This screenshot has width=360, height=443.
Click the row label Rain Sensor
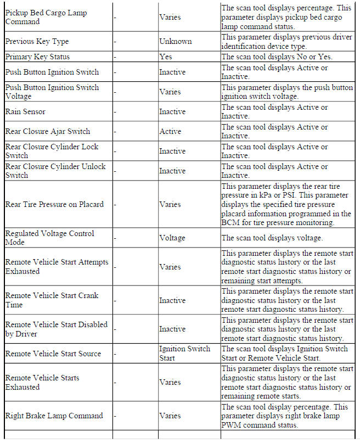pyautogui.click(x=25, y=112)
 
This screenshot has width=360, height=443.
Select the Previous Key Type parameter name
pyautogui.click(x=37, y=42)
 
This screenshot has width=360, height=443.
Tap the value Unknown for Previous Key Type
pyautogui.click(x=175, y=42)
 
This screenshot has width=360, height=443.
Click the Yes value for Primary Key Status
pyautogui.click(x=165, y=57)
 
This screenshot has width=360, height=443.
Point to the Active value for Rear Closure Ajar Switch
pyautogui.click(x=170, y=132)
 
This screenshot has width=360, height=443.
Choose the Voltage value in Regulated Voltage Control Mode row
pyautogui.click(x=172, y=238)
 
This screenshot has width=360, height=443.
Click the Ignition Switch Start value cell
pyautogui.click(x=184, y=354)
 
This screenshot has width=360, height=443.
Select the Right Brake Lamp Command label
pyautogui.click(x=54, y=416)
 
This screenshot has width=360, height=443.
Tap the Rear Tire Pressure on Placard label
pyautogui.click(x=54, y=204)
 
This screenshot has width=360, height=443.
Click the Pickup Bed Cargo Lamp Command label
pyautogui.click(x=46, y=17)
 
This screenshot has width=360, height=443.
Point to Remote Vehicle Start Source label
pyautogui.click(x=53, y=354)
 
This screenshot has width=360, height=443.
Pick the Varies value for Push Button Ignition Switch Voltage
pyautogui.click(x=170, y=92)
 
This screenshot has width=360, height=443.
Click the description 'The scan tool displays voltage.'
pyautogui.click(x=272, y=238)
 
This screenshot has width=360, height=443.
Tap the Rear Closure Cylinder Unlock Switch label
pyautogui.click(x=55, y=171)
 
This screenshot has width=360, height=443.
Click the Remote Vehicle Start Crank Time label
pyautogui.click(x=52, y=300)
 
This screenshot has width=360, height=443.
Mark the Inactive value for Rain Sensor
pyautogui.click(x=172, y=112)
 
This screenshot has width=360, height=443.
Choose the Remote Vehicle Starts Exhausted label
pyautogui.click(x=42, y=383)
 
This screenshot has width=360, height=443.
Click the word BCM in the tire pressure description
pyautogui.click(x=229, y=222)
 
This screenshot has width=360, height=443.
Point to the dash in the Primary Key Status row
pyautogui.click(x=115, y=57)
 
